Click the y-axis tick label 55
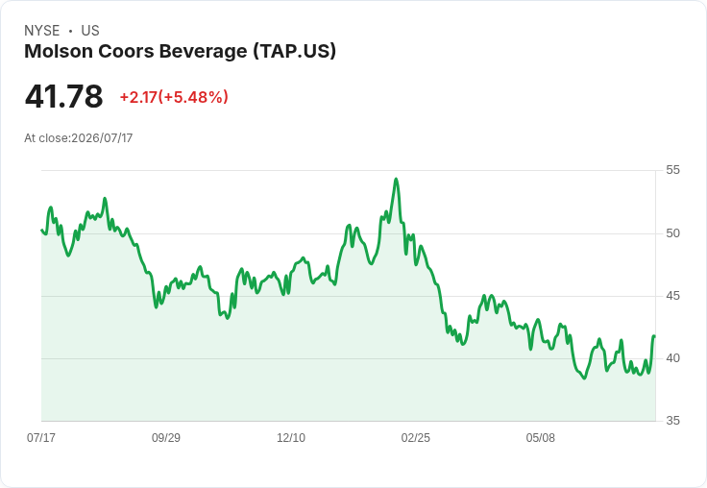[x=672, y=170]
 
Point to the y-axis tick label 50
[x=672, y=233]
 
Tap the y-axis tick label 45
[x=672, y=296]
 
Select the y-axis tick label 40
[x=672, y=358]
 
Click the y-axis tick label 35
[x=672, y=421]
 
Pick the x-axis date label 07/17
[x=41, y=437]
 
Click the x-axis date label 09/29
[x=166, y=437]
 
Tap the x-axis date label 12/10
[x=291, y=437]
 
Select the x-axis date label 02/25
[x=416, y=437]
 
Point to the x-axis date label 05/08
[x=540, y=437]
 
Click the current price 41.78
[x=63, y=96]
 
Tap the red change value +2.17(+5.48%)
[x=174, y=97]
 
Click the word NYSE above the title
[x=42, y=31]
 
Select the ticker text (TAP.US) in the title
[x=295, y=52]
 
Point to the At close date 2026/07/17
[x=102, y=138]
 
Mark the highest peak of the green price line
[x=396, y=179]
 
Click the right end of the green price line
[x=654, y=336]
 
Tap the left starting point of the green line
[x=41, y=230]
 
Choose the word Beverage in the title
[x=203, y=52]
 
